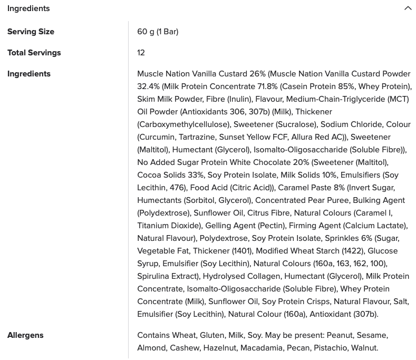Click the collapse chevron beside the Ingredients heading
tap(408, 8)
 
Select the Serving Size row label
tap(31, 32)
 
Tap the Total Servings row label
tap(34, 53)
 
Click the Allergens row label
tap(25, 335)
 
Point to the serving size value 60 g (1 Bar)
tap(158, 32)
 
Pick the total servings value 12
tap(141, 53)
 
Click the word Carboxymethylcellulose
tap(183, 124)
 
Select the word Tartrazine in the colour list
tap(196, 137)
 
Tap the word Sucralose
tap(296, 124)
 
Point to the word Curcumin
tap(157, 137)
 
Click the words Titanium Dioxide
tap(169, 226)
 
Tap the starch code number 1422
tap(353, 251)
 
